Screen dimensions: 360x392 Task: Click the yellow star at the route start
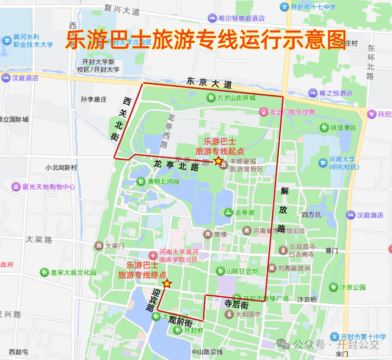pos(218,161)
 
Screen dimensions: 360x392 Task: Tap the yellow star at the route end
pos(167,283)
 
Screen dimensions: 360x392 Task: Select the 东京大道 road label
pos(209,83)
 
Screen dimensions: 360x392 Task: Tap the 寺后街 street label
pos(236,304)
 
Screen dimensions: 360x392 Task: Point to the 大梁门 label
pos(115,246)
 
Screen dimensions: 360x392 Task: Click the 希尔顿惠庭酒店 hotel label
pos(241,18)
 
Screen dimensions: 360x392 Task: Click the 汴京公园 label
pos(353,287)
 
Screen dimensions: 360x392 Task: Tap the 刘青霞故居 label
pos(294,268)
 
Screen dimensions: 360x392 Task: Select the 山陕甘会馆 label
pos(242,271)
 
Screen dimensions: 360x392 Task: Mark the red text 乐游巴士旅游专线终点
pos(143,270)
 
